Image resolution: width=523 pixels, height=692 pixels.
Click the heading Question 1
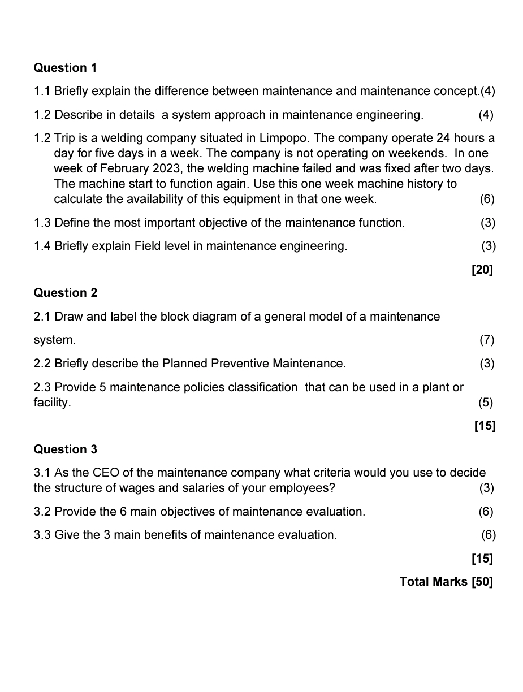(x=65, y=68)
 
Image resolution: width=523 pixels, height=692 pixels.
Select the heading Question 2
(x=65, y=293)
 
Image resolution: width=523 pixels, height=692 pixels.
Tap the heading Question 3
(x=65, y=449)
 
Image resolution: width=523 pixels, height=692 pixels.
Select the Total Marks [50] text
(x=446, y=582)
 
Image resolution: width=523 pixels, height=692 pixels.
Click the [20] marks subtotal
(x=482, y=270)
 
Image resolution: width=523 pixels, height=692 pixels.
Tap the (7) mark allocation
(x=486, y=340)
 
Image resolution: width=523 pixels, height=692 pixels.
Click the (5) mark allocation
(x=485, y=403)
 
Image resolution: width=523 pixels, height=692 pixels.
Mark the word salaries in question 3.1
(x=227, y=488)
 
